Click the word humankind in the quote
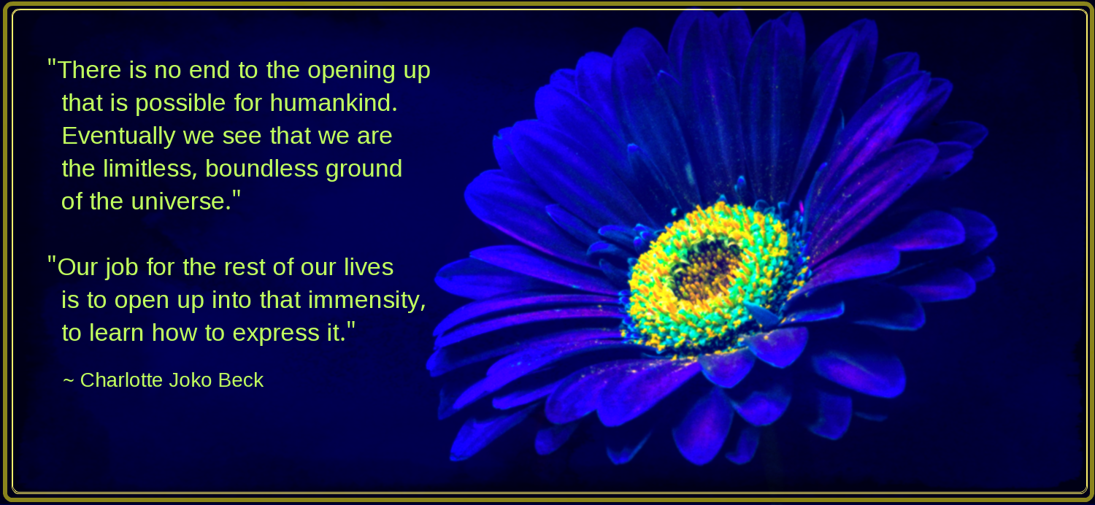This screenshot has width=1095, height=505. click(x=334, y=103)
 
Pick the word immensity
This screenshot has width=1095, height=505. click(x=367, y=301)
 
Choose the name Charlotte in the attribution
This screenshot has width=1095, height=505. click(x=121, y=380)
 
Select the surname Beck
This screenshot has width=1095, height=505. click(x=240, y=380)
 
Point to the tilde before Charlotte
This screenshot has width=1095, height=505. click(x=69, y=380)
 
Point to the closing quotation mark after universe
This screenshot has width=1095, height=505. click(x=237, y=195)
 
